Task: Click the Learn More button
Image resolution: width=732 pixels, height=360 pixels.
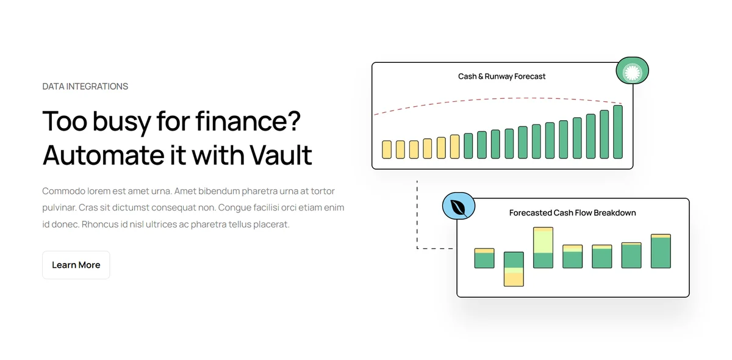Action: coord(76,265)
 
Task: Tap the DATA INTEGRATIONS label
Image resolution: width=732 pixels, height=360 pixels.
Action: coord(85,86)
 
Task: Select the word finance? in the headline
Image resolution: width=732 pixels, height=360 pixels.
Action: coord(248,121)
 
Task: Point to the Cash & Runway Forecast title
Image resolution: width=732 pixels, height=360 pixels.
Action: coord(501,76)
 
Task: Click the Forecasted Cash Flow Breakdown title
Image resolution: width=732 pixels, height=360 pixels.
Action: coord(573,213)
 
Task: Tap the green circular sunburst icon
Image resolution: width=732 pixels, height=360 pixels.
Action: coord(633,71)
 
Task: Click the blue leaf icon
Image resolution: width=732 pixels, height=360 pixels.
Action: coord(459,206)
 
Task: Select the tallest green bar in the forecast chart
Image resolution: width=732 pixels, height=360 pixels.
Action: coord(618,132)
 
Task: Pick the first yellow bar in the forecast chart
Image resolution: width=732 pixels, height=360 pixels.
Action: coord(387,149)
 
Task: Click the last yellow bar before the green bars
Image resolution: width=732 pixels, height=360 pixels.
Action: coord(454,146)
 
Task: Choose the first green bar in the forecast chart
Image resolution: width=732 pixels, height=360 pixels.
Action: coord(468,146)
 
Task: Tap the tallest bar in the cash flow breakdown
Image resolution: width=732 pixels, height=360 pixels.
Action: coord(543,248)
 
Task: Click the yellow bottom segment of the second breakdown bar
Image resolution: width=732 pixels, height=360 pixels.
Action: coord(514,279)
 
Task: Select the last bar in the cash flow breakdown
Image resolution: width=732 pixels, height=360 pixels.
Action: coord(661,251)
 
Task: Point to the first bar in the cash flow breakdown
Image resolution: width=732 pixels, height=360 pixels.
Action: coord(484,258)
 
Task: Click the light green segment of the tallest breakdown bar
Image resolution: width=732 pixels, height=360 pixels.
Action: coord(543,242)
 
